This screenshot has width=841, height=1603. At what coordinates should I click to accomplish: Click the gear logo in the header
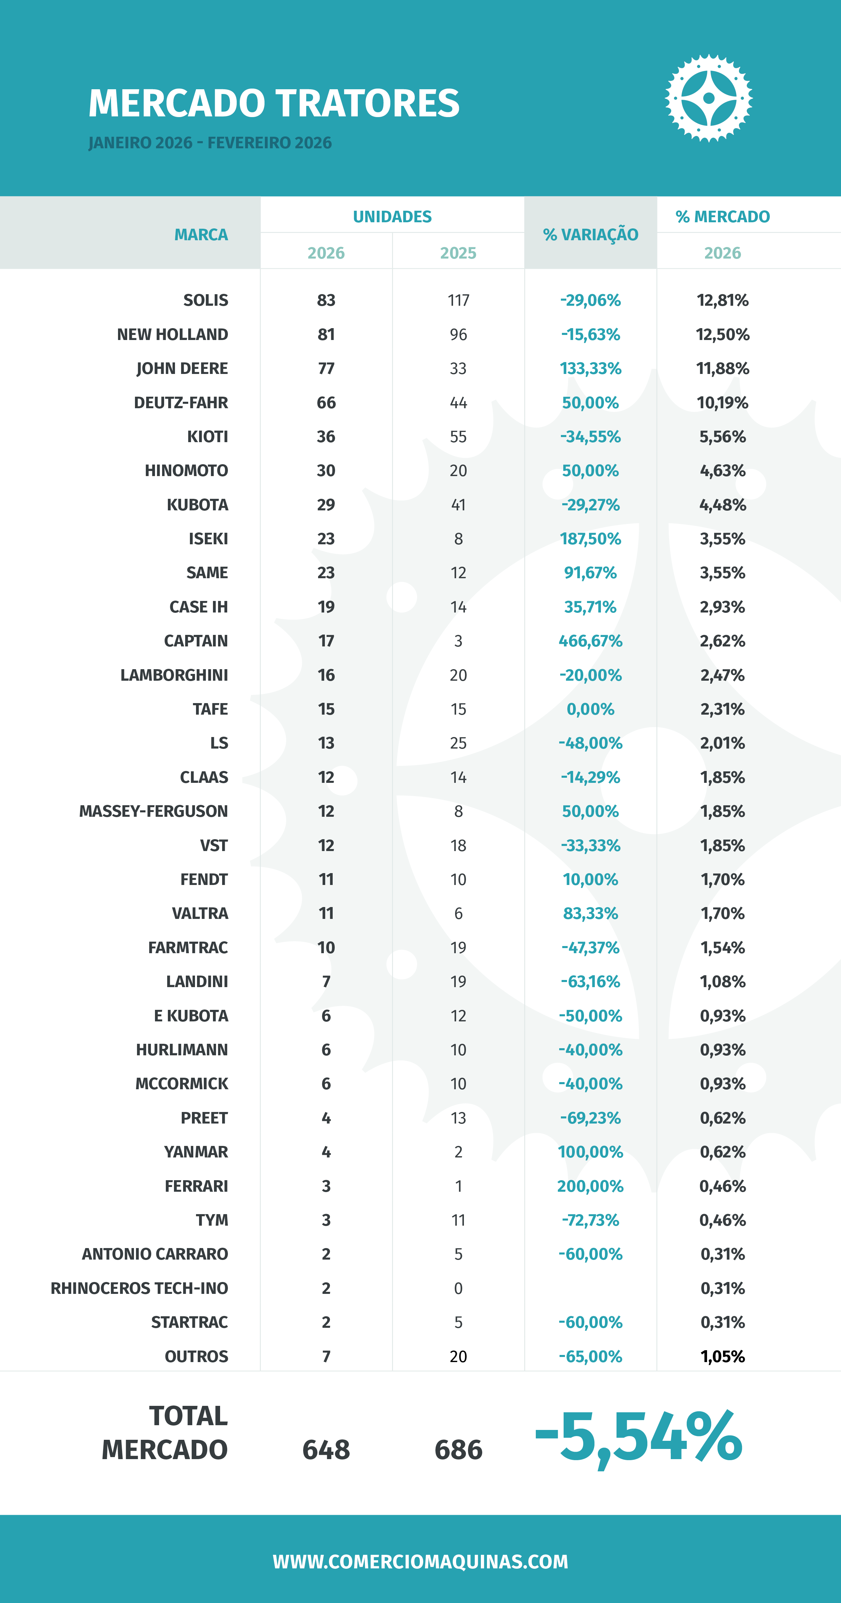click(708, 98)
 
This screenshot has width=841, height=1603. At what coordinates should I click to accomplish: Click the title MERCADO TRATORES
click(274, 103)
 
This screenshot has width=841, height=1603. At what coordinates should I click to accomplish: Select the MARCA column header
click(201, 234)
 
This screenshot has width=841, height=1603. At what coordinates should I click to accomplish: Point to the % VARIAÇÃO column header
click(590, 234)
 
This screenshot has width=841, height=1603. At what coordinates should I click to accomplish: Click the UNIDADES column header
click(392, 216)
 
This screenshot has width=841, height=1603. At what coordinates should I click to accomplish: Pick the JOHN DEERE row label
click(182, 369)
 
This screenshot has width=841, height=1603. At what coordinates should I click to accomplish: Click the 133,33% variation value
click(590, 369)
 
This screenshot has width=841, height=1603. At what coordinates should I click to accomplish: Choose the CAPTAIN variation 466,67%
click(590, 641)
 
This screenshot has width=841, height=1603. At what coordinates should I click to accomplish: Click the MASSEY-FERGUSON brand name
click(154, 811)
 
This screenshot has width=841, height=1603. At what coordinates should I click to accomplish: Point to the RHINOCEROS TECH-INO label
click(139, 1288)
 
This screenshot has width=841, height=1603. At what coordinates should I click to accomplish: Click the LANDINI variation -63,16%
click(590, 981)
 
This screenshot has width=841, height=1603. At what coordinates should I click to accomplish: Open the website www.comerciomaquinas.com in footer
click(420, 1561)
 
